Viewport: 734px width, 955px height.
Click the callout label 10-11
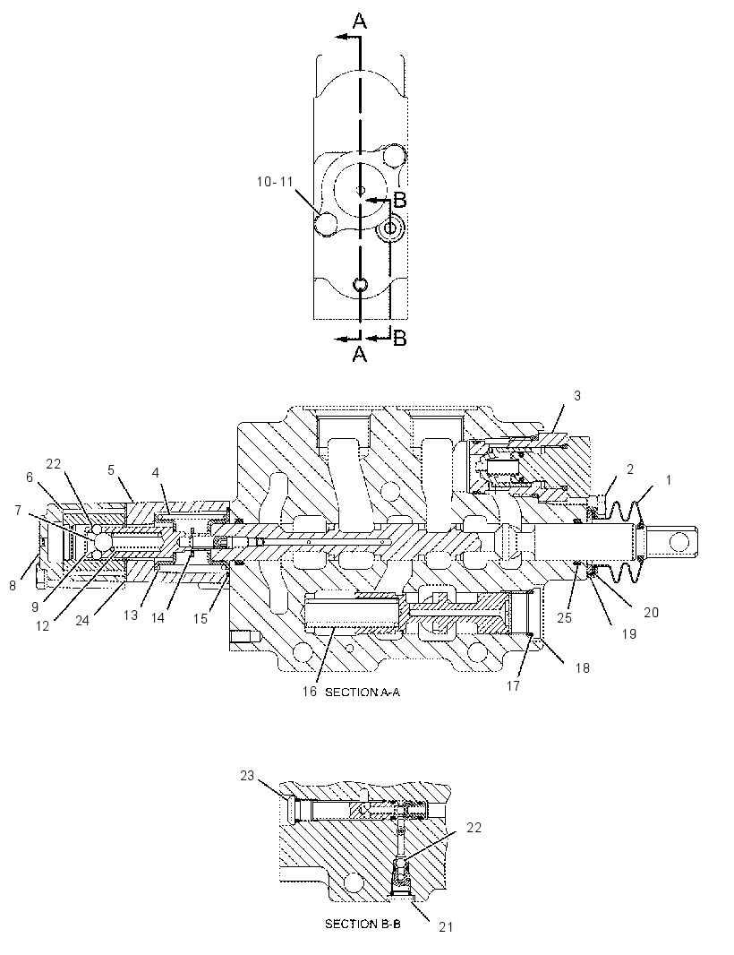point(275,182)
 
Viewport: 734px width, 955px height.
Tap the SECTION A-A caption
point(363,692)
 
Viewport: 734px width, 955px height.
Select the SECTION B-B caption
point(363,924)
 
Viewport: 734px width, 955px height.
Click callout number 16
point(310,692)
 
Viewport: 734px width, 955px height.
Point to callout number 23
point(246,775)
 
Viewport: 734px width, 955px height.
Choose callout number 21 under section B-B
point(446,927)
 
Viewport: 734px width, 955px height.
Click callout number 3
point(577,395)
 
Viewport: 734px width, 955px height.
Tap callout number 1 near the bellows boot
point(669,480)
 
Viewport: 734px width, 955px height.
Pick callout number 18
point(583,668)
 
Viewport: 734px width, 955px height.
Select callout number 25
point(565,617)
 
